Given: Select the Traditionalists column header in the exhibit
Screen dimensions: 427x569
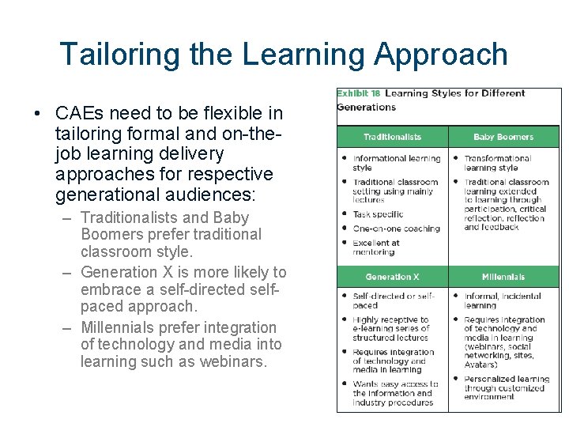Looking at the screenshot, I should pyautogui.click(x=392, y=137).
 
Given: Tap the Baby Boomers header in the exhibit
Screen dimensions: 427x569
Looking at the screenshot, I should pyautogui.click(x=503, y=137).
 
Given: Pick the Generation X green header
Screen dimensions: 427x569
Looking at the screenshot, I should pyautogui.click(x=392, y=277).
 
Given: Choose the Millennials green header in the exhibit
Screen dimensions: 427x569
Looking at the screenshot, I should pyautogui.click(x=503, y=277).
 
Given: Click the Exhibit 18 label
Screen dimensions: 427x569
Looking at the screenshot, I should pyautogui.click(x=358, y=93).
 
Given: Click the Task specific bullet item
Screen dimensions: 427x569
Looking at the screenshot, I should pyautogui.click(x=378, y=214).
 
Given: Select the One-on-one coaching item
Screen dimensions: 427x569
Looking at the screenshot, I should pyautogui.click(x=396, y=229).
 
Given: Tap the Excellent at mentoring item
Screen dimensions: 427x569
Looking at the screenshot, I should pyautogui.click(x=376, y=248).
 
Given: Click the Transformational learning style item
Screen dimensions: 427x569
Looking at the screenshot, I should pyautogui.click(x=497, y=162).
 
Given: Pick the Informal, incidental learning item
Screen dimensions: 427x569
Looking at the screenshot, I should pyautogui.click(x=502, y=300).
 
